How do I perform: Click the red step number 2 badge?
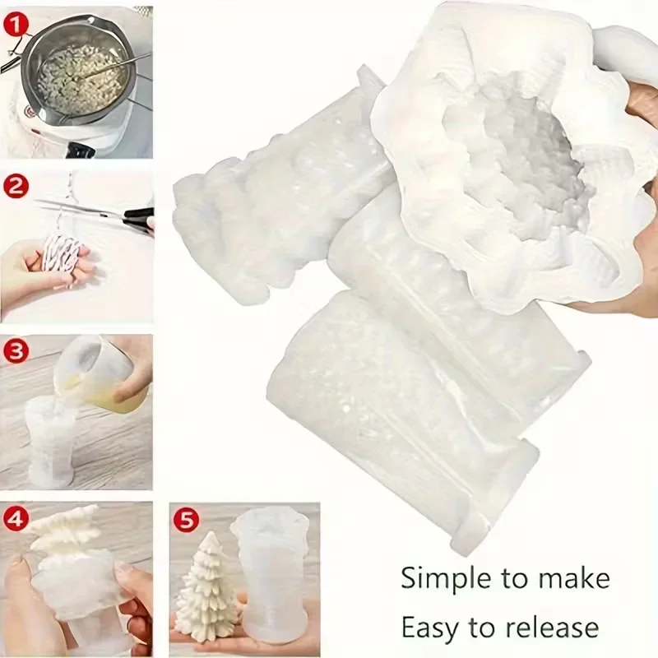[16, 188]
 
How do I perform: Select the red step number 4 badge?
[16, 517]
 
